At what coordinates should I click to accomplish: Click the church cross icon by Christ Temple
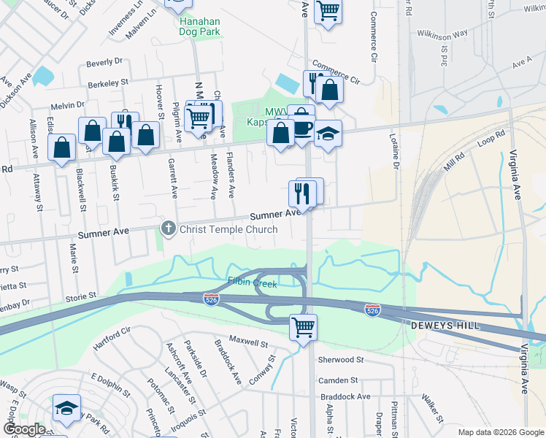coord(168,228)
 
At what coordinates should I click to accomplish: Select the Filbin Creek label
coord(252,283)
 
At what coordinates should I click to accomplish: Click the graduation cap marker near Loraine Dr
coord(328,134)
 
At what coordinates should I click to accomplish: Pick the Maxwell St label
coord(249,339)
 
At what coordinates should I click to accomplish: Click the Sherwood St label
coord(340,360)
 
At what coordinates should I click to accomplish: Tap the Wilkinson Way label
coord(442,34)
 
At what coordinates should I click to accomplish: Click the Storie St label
coord(81,296)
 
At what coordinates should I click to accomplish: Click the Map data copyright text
coord(501,432)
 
